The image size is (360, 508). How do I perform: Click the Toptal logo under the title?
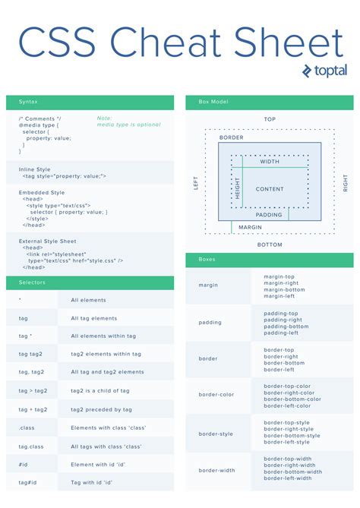(324, 71)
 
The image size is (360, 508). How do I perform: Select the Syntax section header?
(29, 102)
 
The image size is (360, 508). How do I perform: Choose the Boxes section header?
(207, 259)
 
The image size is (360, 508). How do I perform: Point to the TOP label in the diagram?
(270, 119)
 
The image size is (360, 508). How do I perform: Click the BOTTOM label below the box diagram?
(270, 245)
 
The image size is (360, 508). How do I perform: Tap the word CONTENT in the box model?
(270, 189)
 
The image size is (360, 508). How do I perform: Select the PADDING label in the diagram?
(269, 215)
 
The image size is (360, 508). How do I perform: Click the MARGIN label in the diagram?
(251, 227)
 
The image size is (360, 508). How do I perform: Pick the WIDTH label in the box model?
(270, 162)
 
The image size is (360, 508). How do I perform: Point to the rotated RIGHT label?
(345, 183)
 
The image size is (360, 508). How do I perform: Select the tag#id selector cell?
(28, 482)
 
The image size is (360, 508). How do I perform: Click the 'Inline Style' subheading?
(35, 169)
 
